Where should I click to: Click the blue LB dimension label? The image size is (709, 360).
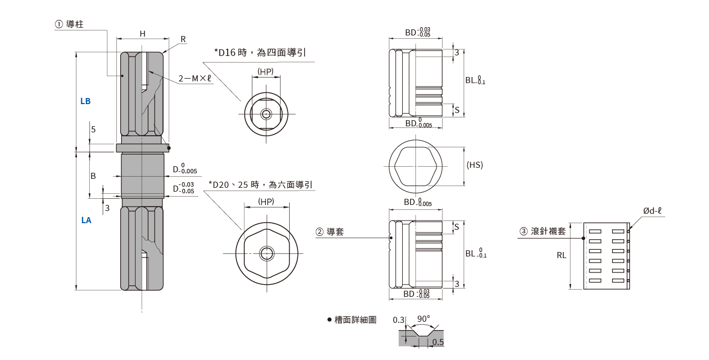tap(85, 101)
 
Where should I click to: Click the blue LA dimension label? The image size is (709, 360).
tap(86, 220)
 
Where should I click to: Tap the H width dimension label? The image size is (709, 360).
tap(142, 34)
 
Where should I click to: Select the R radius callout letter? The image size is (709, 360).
tap(183, 39)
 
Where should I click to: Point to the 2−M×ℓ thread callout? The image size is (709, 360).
tap(195, 78)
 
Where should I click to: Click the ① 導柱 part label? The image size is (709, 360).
tap(69, 24)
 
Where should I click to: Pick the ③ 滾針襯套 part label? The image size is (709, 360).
tap(542, 231)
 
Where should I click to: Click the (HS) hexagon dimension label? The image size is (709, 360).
tap(475, 165)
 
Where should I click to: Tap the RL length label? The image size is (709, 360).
tap(562, 255)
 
